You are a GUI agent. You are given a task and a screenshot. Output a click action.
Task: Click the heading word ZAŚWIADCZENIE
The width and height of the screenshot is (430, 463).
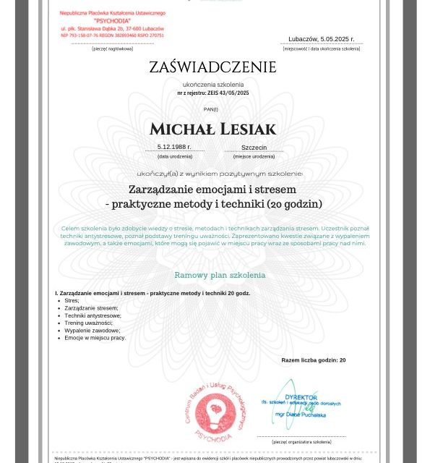click(212, 68)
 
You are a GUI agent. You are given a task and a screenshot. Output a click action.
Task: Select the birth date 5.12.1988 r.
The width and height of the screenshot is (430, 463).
click(174, 147)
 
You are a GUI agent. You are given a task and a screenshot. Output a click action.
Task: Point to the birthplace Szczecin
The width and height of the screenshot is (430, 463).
click(254, 147)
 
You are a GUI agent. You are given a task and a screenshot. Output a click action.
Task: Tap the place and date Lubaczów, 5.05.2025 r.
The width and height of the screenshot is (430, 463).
click(321, 39)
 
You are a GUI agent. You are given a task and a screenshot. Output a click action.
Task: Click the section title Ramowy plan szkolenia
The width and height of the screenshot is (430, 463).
click(220, 275)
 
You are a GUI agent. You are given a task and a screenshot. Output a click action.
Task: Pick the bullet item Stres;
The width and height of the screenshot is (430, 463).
click(72, 300)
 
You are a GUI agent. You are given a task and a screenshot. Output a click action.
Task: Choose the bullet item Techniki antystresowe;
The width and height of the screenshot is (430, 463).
click(93, 315)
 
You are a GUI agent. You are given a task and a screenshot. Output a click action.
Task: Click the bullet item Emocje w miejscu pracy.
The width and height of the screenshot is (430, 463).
click(95, 338)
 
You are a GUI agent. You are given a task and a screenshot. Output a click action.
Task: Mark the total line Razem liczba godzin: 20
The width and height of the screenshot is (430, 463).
click(313, 360)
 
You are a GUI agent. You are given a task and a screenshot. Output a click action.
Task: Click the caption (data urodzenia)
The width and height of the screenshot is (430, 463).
click(175, 156)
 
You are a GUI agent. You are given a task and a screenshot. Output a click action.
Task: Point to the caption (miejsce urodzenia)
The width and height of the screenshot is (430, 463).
click(254, 156)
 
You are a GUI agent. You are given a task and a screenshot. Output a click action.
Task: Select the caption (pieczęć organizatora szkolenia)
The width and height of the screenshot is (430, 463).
click(301, 441)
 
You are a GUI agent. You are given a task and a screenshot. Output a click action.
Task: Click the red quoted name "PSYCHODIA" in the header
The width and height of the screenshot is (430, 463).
click(112, 21)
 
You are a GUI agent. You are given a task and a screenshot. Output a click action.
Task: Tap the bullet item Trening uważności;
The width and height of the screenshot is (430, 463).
click(89, 323)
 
